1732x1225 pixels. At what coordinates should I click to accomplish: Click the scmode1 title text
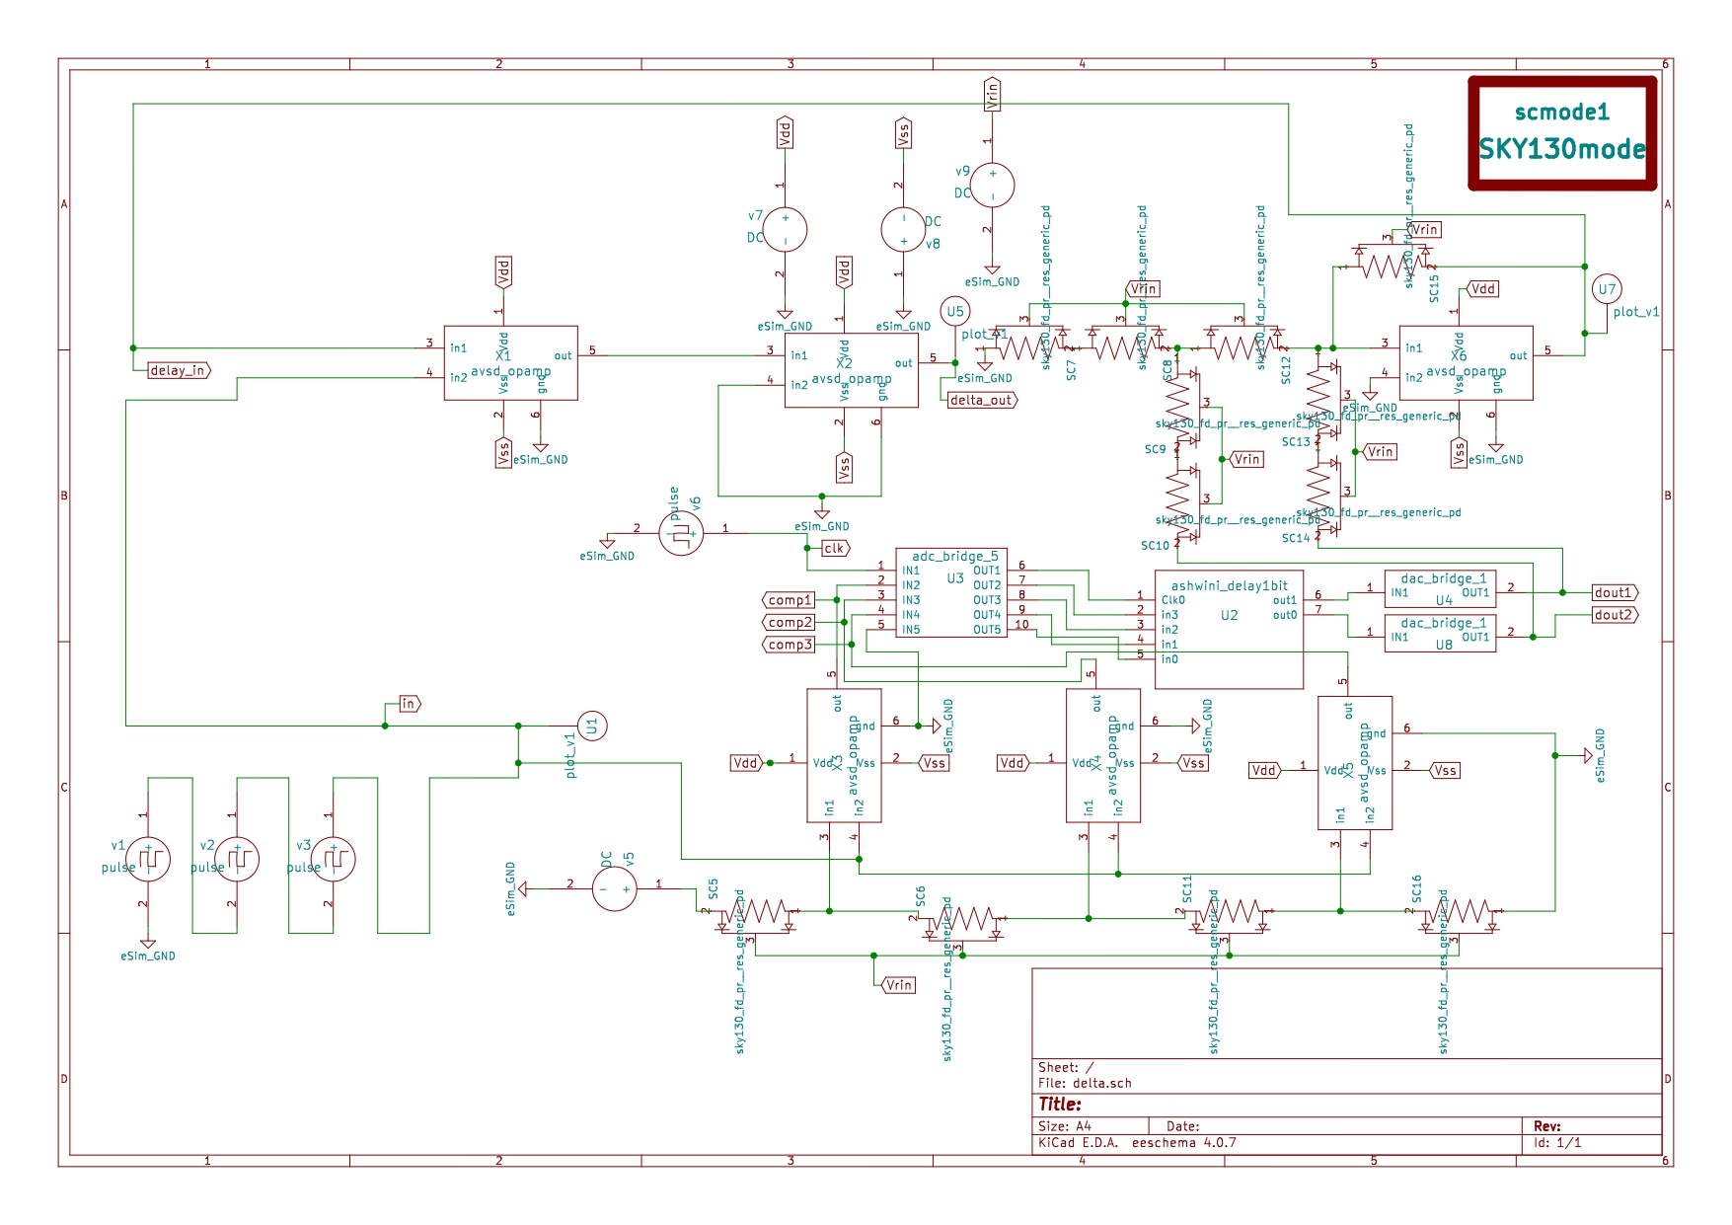[1561, 113]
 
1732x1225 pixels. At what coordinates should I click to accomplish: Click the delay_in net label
[179, 370]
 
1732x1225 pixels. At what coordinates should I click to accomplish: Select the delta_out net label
[981, 400]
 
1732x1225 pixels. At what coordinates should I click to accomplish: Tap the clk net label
[834, 548]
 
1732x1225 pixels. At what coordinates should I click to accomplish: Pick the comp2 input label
[790, 622]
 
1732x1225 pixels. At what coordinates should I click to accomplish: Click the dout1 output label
[1614, 592]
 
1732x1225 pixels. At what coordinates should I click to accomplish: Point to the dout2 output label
[1614, 614]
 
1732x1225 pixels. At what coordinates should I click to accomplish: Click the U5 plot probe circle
[954, 312]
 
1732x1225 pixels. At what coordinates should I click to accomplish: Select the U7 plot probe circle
[1607, 289]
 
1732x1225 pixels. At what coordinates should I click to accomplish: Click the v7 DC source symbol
[786, 229]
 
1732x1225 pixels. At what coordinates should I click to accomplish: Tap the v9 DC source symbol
[992, 185]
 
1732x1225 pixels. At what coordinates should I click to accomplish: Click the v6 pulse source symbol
[681, 534]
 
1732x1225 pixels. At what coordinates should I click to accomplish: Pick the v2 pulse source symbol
[237, 859]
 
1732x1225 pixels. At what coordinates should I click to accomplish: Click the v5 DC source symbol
[614, 888]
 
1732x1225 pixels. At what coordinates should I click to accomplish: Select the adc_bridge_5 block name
[954, 556]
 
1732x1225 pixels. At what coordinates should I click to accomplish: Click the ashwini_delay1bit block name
[1229, 585]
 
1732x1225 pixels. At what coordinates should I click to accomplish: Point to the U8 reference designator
[1443, 645]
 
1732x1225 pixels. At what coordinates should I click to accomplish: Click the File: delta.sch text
[1085, 1083]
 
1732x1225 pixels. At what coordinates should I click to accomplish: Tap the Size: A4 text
[1064, 1126]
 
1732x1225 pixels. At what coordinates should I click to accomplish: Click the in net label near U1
[409, 704]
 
